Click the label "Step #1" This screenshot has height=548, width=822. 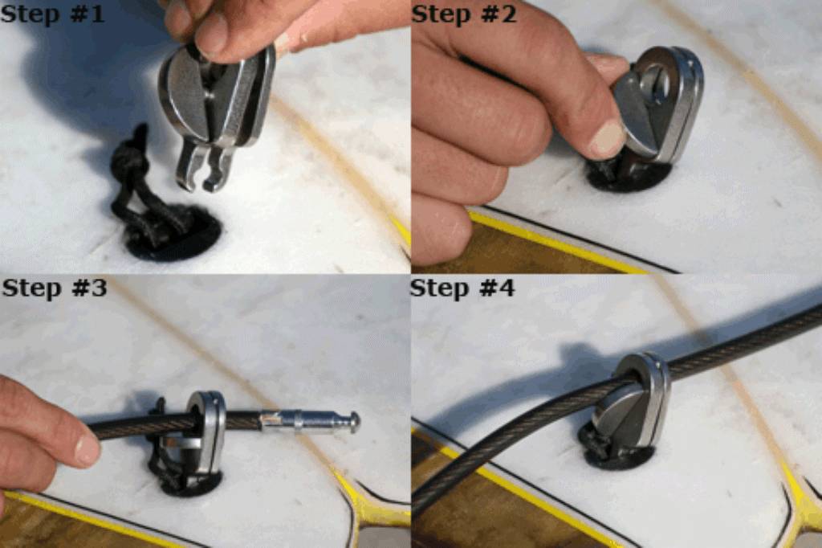[x=52, y=14]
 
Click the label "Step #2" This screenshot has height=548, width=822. [x=464, y=14]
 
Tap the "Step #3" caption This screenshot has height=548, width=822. [x=54, y=288]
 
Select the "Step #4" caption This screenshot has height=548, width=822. [x=462, y=288]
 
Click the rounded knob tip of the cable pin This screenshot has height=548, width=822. [x=354, y=421]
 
